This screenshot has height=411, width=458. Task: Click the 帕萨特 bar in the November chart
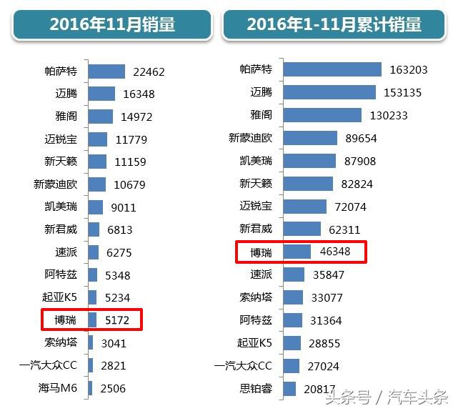tap(106, 71)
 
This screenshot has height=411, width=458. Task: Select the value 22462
tap(149, 71)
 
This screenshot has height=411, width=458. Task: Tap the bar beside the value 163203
tap(332, 69)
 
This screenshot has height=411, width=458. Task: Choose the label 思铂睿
tap(255, 389)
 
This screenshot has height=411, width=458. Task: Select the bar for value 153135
tap(329, 92)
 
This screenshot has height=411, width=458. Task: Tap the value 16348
tap(139, 94)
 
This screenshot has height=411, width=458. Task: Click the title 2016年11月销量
tap(112, 24)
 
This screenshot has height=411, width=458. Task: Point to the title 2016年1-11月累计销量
tap(334, 24)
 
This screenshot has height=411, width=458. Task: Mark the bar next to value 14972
tap(100, 117)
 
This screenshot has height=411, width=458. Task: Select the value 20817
tap(319, 389)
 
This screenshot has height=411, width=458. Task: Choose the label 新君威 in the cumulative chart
tap(255, 229)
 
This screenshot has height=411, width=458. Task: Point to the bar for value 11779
tap(97, 139)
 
